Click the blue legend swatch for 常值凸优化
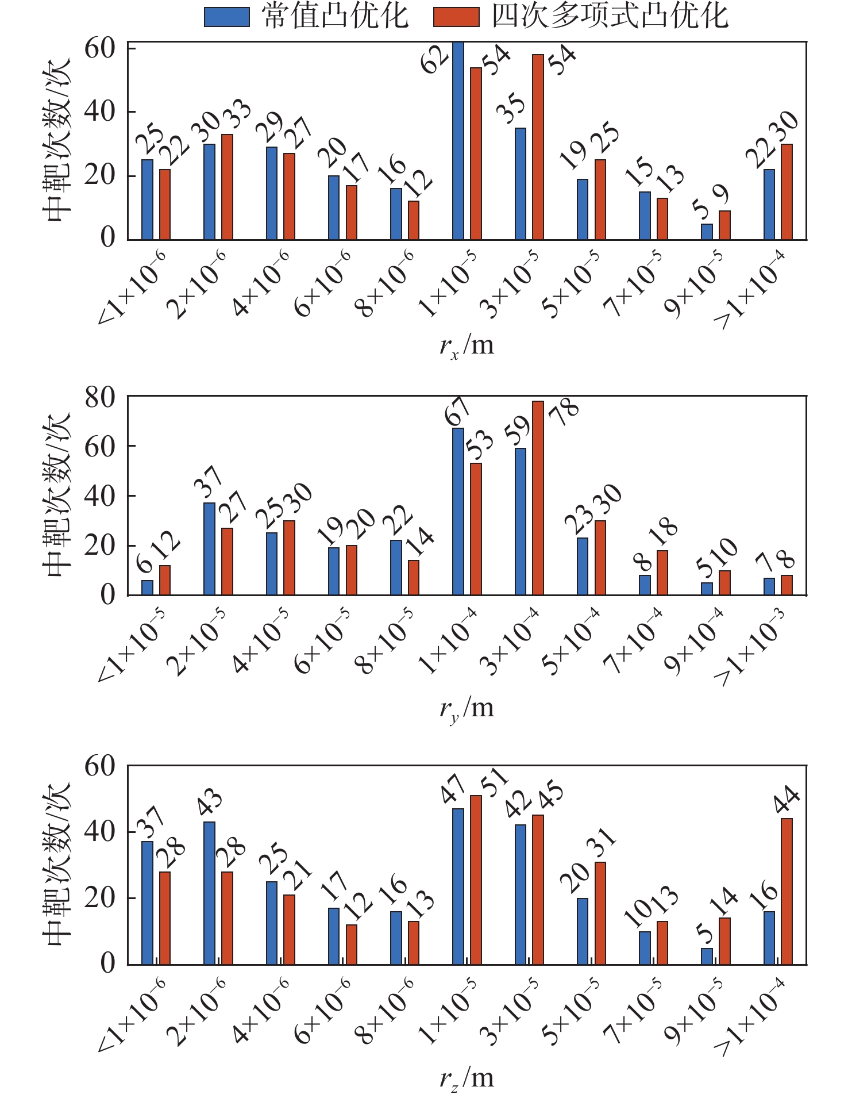tap(227, 17)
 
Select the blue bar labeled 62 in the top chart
tap(458, 141)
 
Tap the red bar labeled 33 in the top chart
tap(227, 187)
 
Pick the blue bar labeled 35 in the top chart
tap(521, 184)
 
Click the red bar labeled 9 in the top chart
tap(724, 225)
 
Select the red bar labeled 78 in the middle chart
tap(538, 498)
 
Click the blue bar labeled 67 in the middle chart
tap(458, 512)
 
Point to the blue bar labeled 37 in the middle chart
tap(209, 549)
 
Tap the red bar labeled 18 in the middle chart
tap(662, 573)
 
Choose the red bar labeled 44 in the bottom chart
tap(787, 892)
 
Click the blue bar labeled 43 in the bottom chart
tap(209, 893)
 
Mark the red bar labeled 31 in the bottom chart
tap(600, 913)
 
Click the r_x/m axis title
tap(467, 347)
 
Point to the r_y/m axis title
tap(467, 708)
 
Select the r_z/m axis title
tap(467, 1078)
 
